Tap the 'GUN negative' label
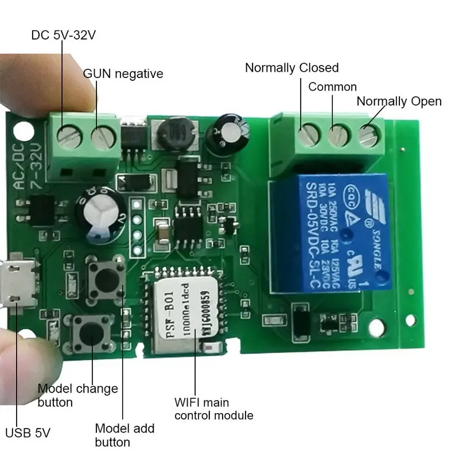pos(123,73)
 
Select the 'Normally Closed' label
pos(291,68)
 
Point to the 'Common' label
pos(332,87)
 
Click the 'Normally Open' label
pos(399,102)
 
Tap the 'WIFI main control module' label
pos(214,408)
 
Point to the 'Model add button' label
pos(125,435)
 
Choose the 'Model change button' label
pos(77,395)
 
